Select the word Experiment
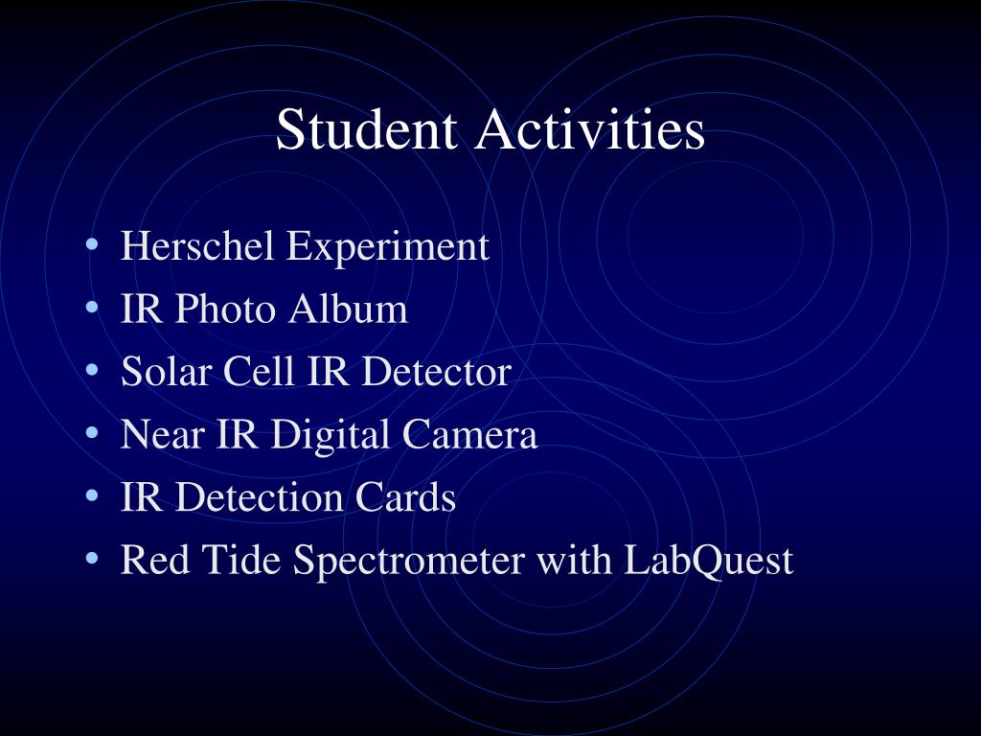tap(389, 247)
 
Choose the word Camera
tap(469, 435)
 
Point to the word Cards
tap(406, 497)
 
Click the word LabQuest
tap(708, 561)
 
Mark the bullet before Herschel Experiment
tap(92, 246)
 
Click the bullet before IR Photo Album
tap(92, 309)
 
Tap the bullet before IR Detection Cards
tap(92, 496)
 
